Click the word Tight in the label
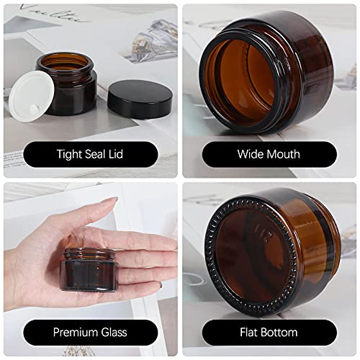70,153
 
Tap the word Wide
250,153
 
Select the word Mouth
283,153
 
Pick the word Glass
114,333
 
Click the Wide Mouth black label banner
269,153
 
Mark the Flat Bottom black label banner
269,333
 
